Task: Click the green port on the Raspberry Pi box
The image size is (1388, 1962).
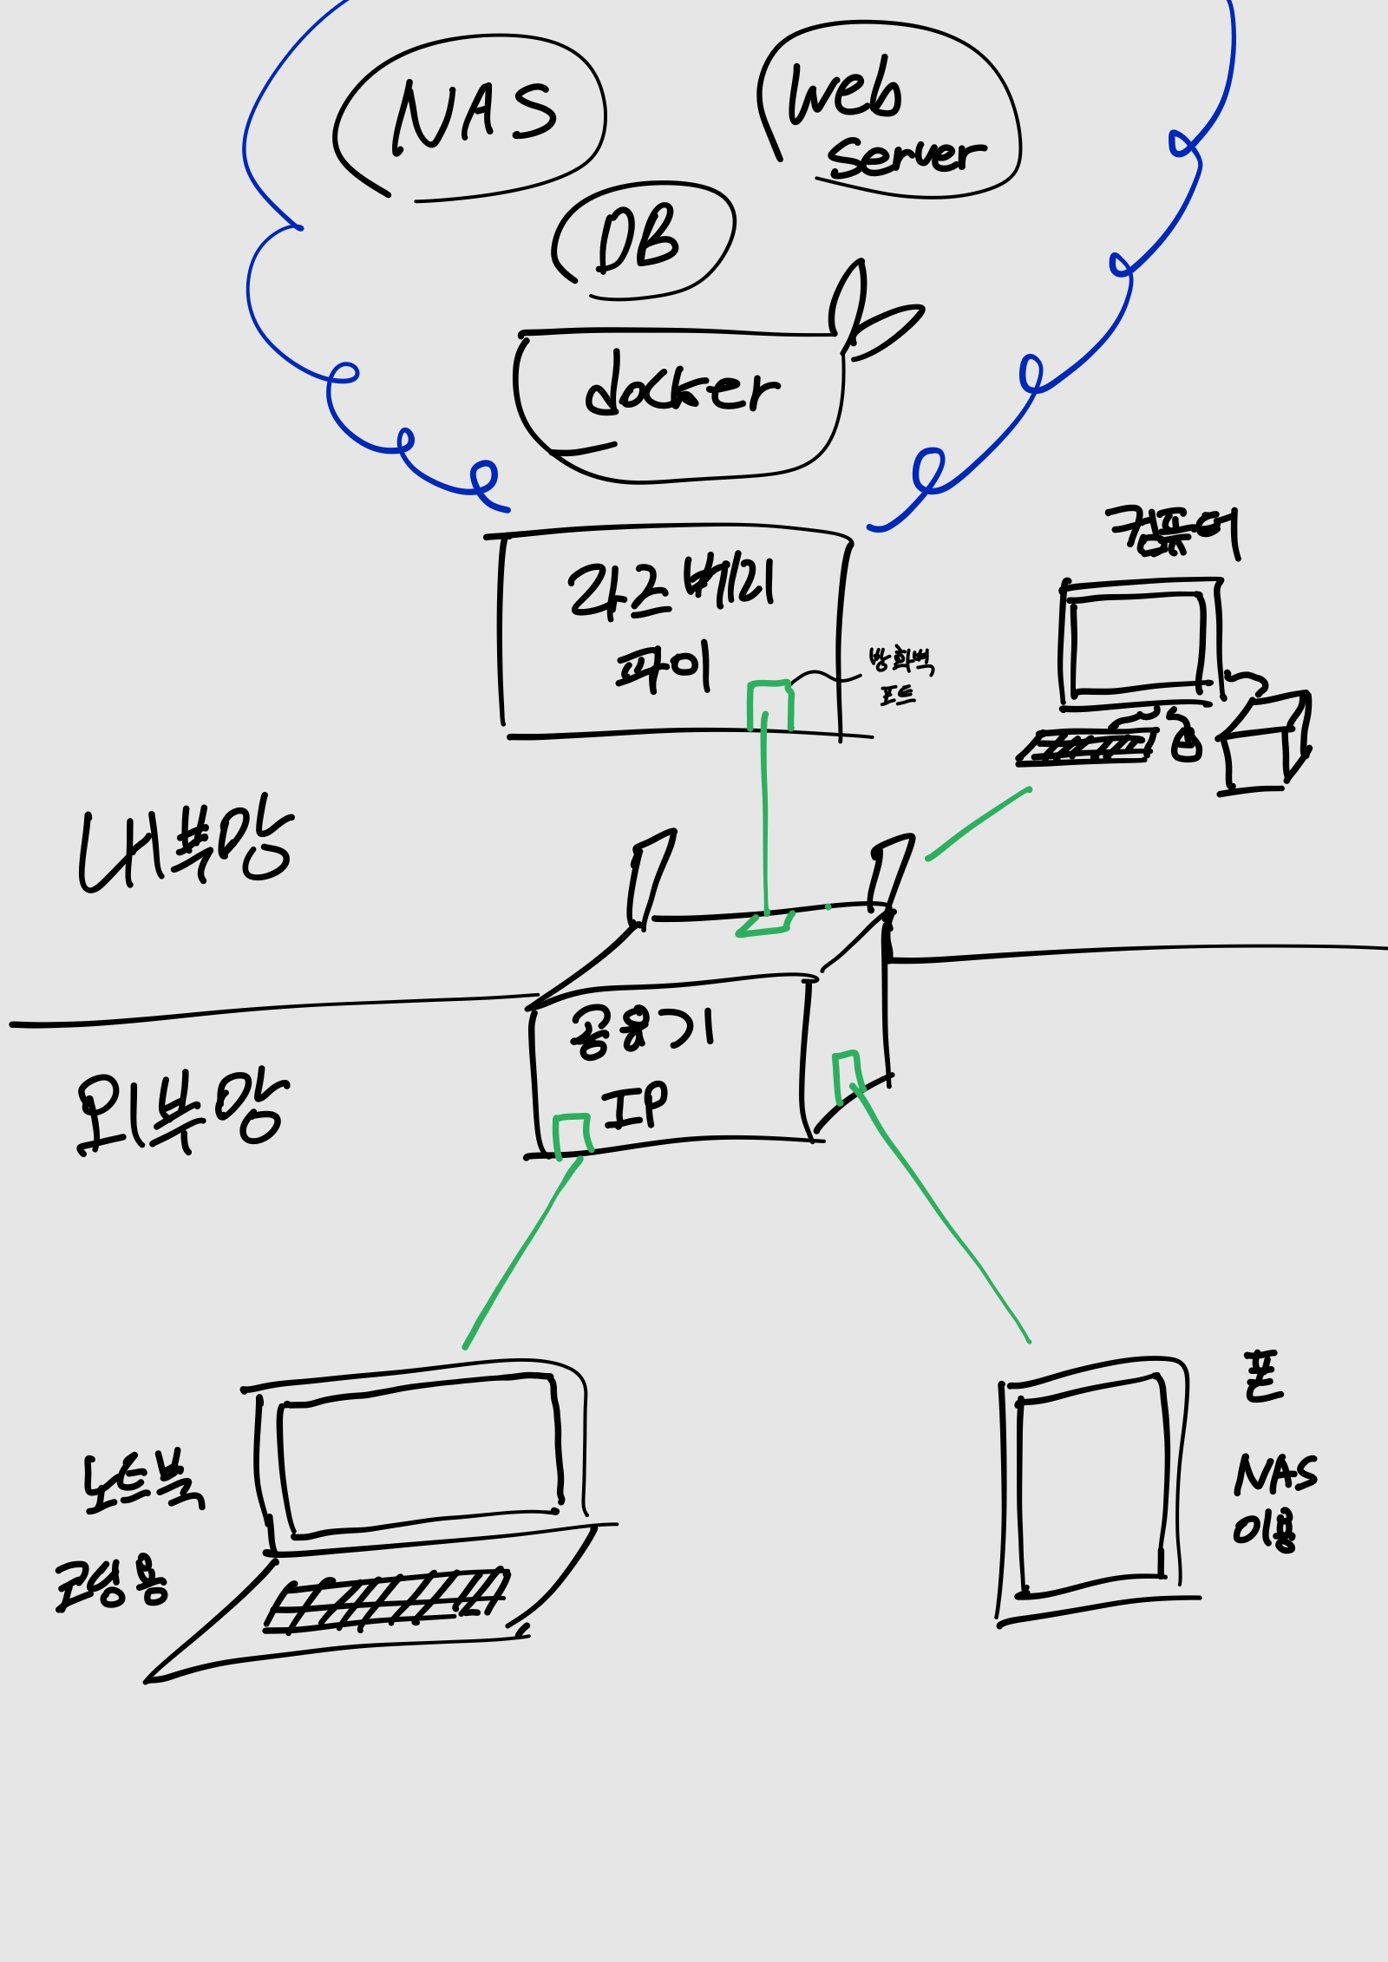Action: tap(770, 704)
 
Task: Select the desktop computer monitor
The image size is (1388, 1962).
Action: tap(1138, 642)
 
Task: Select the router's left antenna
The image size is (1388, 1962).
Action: tap(652, 876)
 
